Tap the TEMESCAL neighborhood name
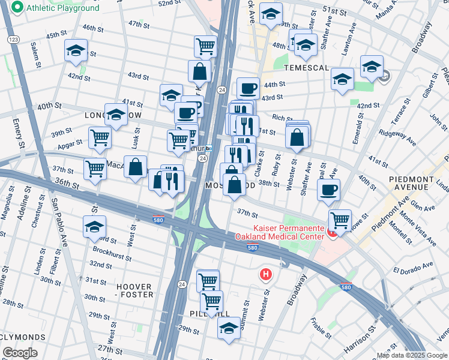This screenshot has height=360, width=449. pos(306,68)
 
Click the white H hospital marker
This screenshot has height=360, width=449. pos(265,275)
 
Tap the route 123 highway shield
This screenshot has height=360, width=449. pos(11,39)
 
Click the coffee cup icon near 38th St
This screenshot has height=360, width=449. pos(328,190)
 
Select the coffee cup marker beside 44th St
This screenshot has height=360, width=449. pos(248,89)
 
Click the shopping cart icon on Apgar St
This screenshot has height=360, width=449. pos(100,137)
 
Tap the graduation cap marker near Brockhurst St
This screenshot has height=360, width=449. pos(94,227)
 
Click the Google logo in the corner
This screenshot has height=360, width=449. pos(19,353)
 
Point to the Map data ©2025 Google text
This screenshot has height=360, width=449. pos(412,355)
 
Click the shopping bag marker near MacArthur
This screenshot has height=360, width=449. pos(136,166)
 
